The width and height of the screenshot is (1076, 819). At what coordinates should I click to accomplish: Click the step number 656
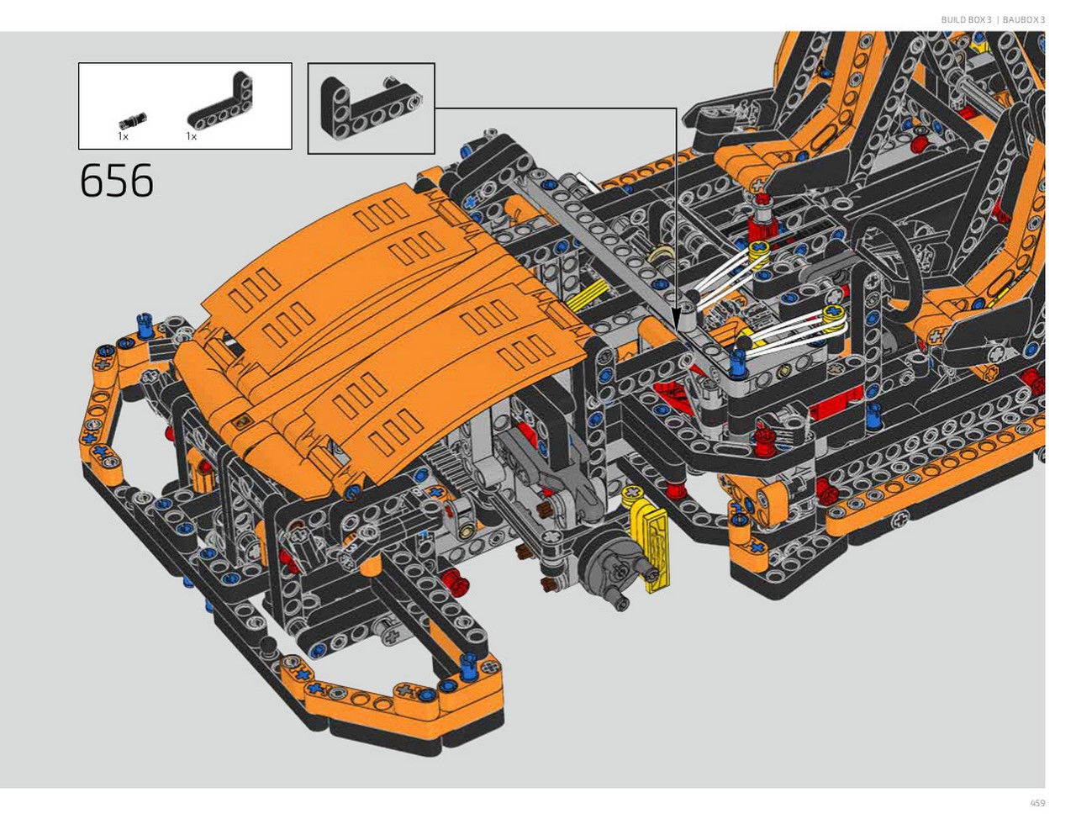[116, 181]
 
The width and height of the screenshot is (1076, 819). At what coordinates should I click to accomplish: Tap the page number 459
[1037, 802]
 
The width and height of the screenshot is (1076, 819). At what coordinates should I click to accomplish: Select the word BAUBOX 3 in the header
[1024, 19]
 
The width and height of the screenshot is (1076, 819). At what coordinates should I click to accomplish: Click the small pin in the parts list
[132, 119]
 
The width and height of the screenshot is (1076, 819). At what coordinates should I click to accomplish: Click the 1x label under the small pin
[123, 137]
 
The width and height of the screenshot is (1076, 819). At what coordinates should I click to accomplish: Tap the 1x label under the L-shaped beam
[191, 137]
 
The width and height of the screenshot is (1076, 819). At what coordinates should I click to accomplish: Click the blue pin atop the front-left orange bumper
[145, 326]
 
